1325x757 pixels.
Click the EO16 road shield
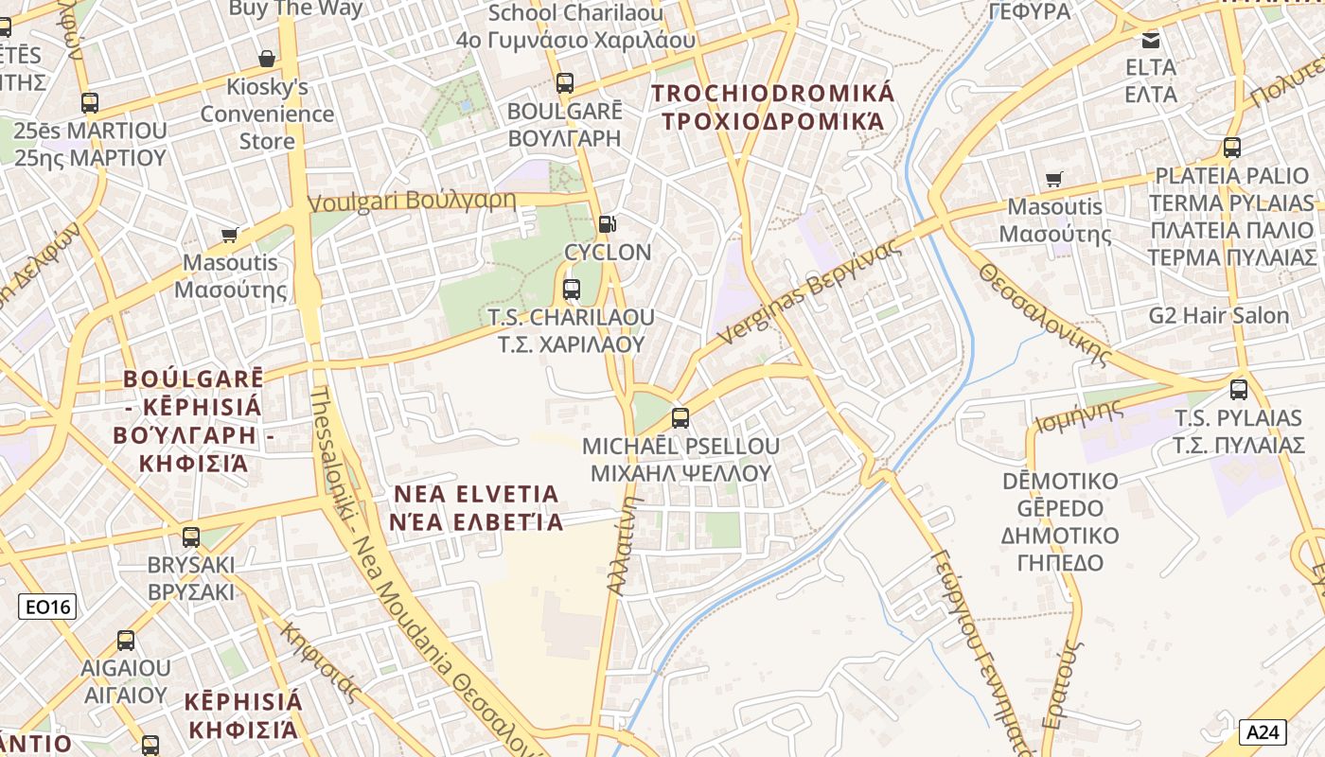pyautogui.click(x=47, y=607)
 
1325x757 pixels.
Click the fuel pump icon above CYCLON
pyautogui.click(x=607, y=224)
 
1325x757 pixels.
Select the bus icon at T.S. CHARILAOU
pyautogui.click(x=572, y=290)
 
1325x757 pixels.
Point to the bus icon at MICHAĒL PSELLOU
pyautogui.click(x=680, y=417)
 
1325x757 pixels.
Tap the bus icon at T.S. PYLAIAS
pyautogui.click(x=1238, y=390)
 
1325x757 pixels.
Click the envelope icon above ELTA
pyautogui.click(x=1151, y=41)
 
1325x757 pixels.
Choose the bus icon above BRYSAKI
pyautogui.click(x=191, y=537)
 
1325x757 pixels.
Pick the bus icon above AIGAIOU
pyautogui.click(x=126, y=641)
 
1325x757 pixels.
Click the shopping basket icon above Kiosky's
pyautogui.click(x=268, y=59)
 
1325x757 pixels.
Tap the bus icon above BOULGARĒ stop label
pyautogui.click(x=565, y=83)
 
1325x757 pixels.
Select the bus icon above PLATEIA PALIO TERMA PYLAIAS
pyautogui.click(x=1231, y=148)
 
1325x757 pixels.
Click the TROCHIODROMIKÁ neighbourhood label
pyautogui.click(x=772, y=107)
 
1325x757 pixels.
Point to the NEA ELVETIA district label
pyautogui.click(x=477, y=507)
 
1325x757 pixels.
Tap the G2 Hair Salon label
pyautogui.click(x=1219, y=315)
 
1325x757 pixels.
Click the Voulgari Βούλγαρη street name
pyautogui.click(x=413, y=201)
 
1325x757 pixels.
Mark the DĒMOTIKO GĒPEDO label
pyautogui.click(x=1060, y=521)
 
